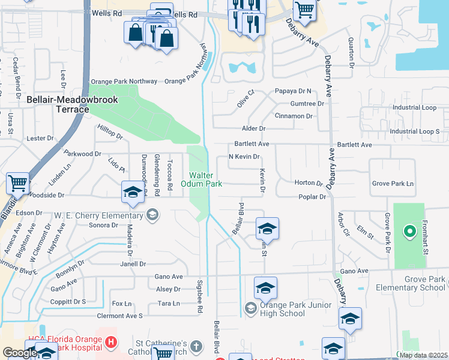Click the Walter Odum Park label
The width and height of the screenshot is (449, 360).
coord(206,179)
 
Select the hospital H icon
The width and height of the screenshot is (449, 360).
coord(110,343)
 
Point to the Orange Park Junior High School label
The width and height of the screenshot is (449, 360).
coord(283,309)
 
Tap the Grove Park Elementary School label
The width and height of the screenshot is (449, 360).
coord(411,283)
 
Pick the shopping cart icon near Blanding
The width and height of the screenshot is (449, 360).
coord(18,184)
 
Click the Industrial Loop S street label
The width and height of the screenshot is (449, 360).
coord(414,131)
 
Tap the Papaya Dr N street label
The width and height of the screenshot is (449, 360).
coord(293,92)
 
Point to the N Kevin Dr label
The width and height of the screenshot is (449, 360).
coord(244,157)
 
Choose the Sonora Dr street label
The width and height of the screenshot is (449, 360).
coord(103,225)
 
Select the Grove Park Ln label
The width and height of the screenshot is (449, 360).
coord(393,183)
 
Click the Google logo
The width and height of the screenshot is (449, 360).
coord(20,353)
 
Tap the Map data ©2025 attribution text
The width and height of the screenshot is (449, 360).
coord(423,355)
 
